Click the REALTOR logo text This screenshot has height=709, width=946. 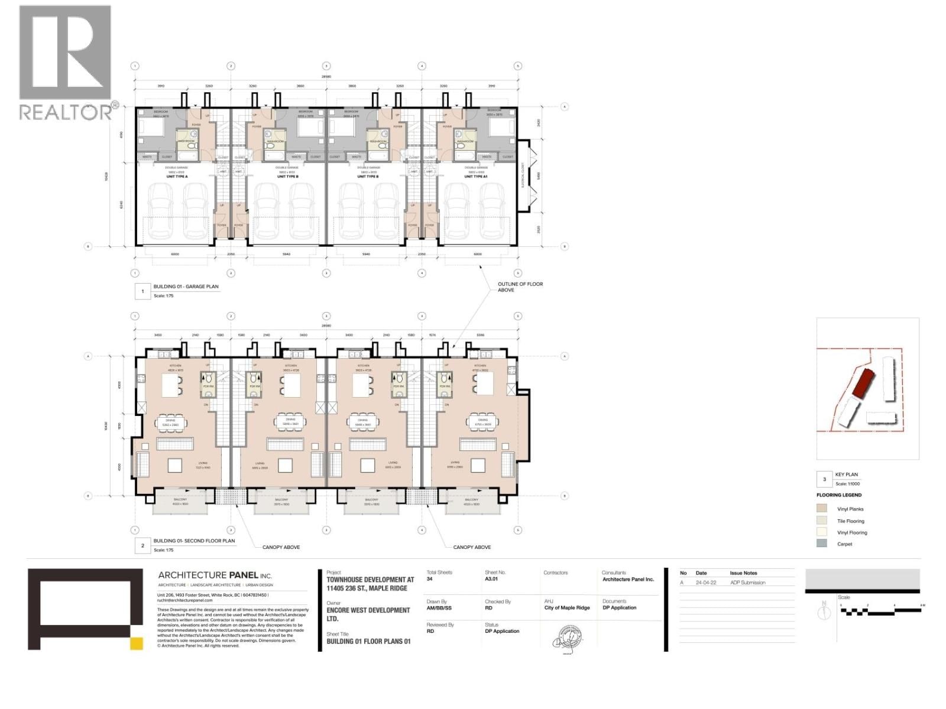[x=65, y=112]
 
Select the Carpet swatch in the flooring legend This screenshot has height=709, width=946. [x=822, y=544]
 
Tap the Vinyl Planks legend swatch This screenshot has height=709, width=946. [x=822, y=509]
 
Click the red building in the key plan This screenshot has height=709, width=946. [x=865, y=384]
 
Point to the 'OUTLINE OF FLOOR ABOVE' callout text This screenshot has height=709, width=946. [x=520, y=287]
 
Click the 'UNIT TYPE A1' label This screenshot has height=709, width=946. [x=476, y=177]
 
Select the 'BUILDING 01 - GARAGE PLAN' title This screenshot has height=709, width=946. [x=186, y=287]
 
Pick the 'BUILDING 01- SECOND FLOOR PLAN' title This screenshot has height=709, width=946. [x=194, y=541]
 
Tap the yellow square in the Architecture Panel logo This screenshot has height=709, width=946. [x=137, y=643]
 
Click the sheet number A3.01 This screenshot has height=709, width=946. [x=491, y=580]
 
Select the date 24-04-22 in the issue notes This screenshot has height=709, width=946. [x=705, y=583]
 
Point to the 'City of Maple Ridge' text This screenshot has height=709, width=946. [x=567, y=608]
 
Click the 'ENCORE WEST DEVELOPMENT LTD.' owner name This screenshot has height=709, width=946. [x=368, y=614]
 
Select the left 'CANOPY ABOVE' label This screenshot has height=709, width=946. [x=281, y=547]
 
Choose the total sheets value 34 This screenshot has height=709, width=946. [x=430, y=580]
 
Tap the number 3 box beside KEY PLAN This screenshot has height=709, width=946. [x=824, y=479]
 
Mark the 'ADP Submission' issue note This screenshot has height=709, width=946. [x=747, y=583]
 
